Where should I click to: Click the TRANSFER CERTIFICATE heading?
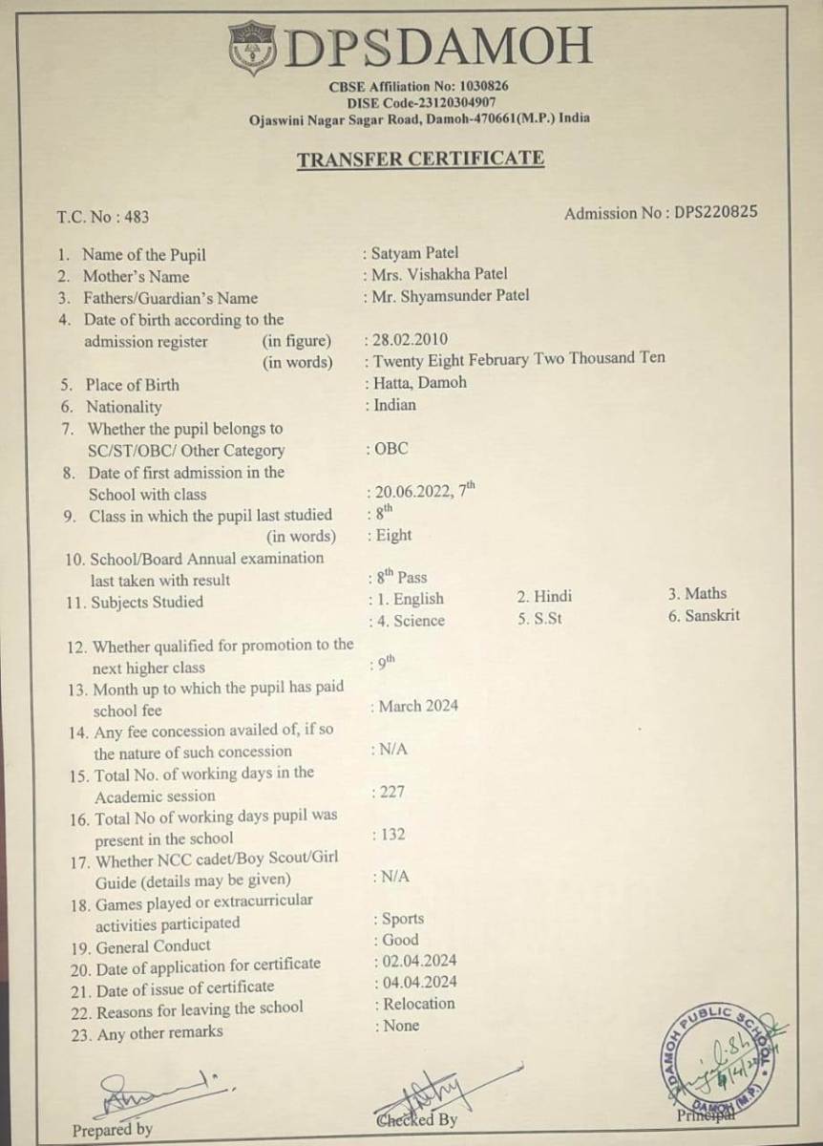click(x=420, y=159)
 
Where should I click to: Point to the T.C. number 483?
click(x=137, y=218)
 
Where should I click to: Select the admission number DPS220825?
click(x=715, y=212)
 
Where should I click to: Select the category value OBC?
click(x=391, y=449)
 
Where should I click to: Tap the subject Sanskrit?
click(x=711, y=616)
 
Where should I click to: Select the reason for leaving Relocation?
click(x=419, y=1004)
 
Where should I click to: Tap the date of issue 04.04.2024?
click(x=419, y=982)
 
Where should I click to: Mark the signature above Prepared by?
click(x=153, y=1089)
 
